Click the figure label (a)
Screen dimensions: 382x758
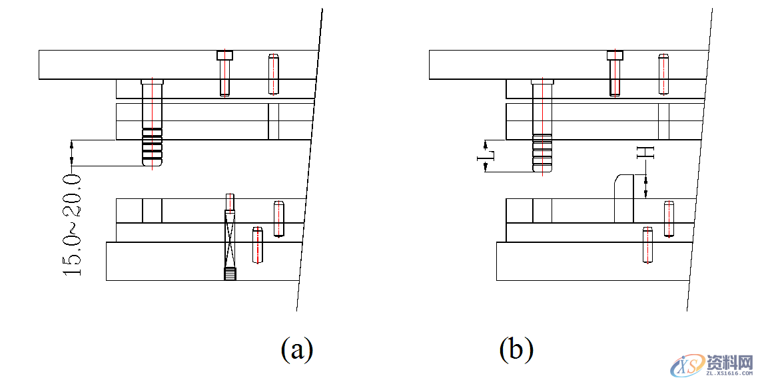(297, 349)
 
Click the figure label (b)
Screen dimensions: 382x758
(516, 349)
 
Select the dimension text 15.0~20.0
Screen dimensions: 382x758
(73, 224)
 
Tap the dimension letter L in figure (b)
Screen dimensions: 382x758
(485, 157)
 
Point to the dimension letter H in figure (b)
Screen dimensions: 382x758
(645, 152)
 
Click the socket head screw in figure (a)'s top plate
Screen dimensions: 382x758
(224, 73)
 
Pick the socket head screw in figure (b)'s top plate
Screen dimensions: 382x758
(615, 73)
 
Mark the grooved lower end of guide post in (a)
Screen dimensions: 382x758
(153, 148)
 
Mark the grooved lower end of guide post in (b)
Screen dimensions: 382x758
(543, 153)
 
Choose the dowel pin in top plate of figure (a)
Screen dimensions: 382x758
(273, 73)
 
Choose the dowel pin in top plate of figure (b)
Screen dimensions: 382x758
(663, 73)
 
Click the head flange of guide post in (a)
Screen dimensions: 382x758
(153, 82)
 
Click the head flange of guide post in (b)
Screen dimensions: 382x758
(543, 82)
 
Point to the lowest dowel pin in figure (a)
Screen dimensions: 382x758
(257, 244)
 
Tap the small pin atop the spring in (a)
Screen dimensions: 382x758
(229, 202)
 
